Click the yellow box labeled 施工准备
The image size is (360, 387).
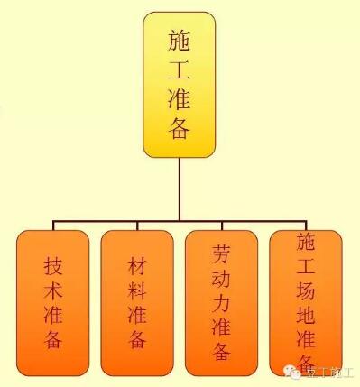[180, 86]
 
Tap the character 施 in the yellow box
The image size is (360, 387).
[180, 41]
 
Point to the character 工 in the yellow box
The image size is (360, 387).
[180, 69]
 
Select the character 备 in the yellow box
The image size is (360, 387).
[180, 128]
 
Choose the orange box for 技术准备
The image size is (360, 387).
[53, 303]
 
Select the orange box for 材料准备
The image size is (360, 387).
[137, 303]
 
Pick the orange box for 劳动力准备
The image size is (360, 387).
[221, 303]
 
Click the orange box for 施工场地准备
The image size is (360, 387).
[306, 303]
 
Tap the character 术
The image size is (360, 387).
[53, 290]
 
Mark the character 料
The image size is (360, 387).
[137, 290]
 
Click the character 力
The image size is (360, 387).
[221, 302]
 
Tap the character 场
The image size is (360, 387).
[306, 290]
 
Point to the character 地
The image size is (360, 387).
[306, 315]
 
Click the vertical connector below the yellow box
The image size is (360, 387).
[180, 189]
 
